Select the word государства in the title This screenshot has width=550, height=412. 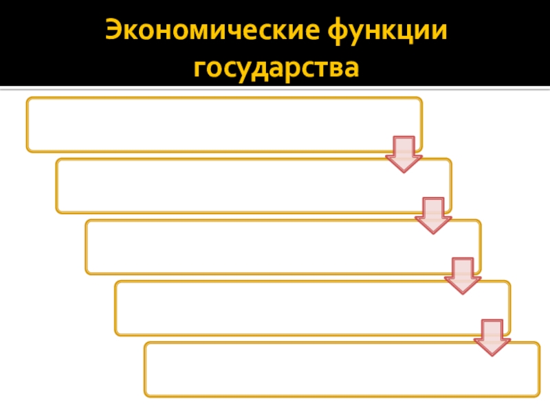pos(276,68)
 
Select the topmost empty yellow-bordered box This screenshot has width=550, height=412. pos(224,124)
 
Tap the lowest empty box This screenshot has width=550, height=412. pos(342,369)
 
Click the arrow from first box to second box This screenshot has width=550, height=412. pos(404,154)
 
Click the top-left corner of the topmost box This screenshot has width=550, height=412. pos(27,98)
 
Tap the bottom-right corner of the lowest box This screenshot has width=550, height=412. pos(538,396)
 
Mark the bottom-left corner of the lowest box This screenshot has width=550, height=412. pos(146,396)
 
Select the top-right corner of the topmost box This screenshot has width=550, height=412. pos(421,98)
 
